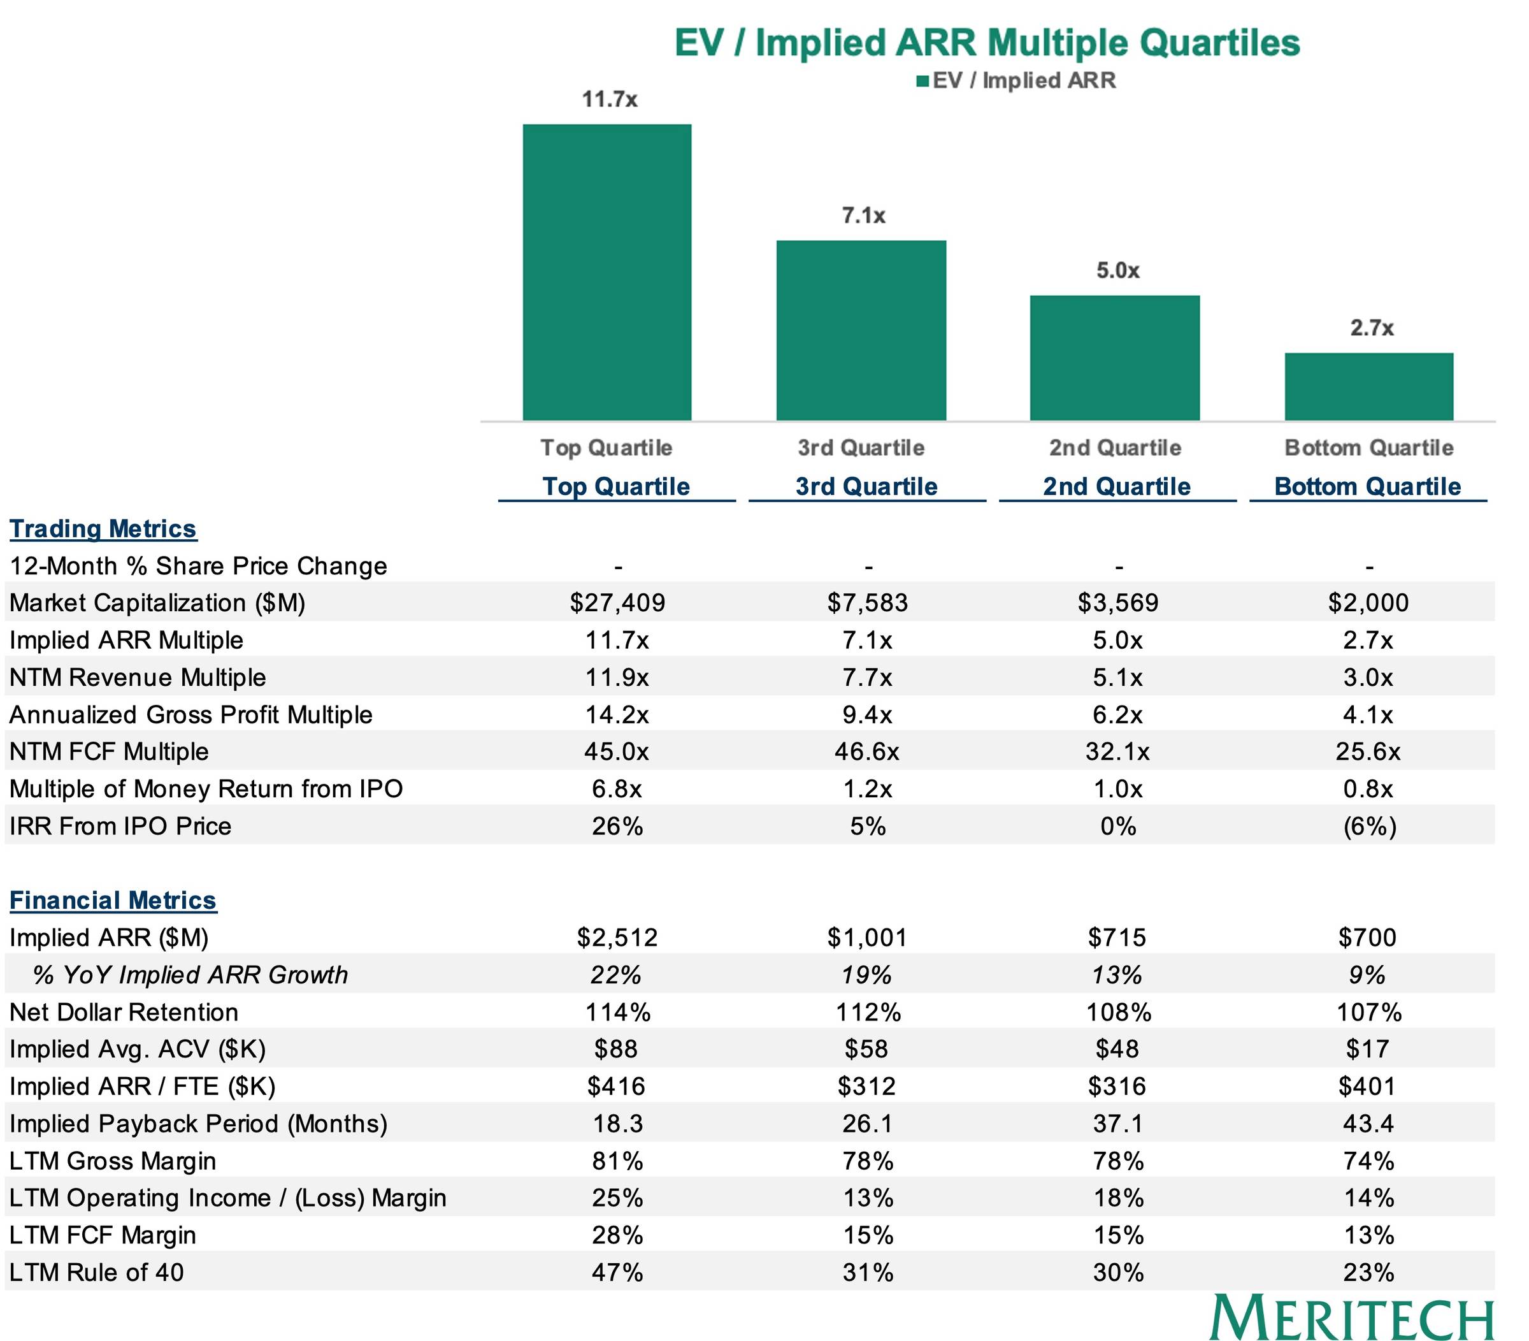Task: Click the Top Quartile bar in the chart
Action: tap(607, 272)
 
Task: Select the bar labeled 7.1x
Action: tap(861, 330)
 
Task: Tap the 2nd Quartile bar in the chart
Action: tap(1115, 358)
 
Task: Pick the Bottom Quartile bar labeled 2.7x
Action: tap(1369, 386)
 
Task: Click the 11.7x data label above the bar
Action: tap(610, 99)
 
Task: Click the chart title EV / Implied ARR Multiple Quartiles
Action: tap(987, 42)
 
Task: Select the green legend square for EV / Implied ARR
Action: tap(922, 81)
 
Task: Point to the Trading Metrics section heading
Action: tap(103, 528)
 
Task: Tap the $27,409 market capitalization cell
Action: tap(617, 602)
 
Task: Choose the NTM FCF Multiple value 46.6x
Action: tap(867, 751)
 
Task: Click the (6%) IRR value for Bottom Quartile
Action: tap(1369, 825)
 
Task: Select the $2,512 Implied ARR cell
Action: tap(617, 937)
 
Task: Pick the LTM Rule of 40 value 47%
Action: tap(617, 1272)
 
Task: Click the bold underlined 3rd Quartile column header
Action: tap(866, 486)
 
